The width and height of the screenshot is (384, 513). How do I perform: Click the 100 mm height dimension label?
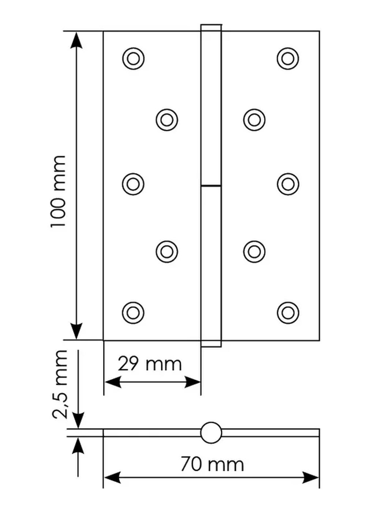(x=59, y=191)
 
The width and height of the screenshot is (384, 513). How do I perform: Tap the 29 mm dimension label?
(x=150, y=364)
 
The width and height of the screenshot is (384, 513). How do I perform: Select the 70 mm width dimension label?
(x=212, y=464)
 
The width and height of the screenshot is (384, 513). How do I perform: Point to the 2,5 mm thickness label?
(x=60, y=384)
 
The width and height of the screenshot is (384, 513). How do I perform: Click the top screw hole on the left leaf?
(x=133, y=59)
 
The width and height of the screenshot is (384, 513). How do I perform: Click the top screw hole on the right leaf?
(x=288, y=59)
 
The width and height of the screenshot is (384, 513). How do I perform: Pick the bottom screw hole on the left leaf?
(x=133, y=313)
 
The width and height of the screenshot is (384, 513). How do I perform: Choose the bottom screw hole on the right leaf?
(x=288, y=313)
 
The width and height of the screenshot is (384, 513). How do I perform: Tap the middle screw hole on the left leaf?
(x=133, y=184)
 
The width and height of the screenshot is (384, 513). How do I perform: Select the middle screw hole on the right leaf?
(x=288, y=184)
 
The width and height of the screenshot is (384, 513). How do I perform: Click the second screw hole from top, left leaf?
(x=167, y=120)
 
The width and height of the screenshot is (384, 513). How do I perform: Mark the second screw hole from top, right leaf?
(x=254, y=120)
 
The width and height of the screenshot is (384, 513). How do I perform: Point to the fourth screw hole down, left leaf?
(x=167, y=252)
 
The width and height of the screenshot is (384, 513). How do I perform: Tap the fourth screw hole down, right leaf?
(x=254, y=252)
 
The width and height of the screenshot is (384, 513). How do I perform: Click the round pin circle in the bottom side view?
(x=211, y=433)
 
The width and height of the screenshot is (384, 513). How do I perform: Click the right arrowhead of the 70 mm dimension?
(x=311, y=477)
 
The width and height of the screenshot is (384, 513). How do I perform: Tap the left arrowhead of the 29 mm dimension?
(x=112, y=382)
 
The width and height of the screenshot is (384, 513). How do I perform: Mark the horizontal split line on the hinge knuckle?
(x=211, y=186)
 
